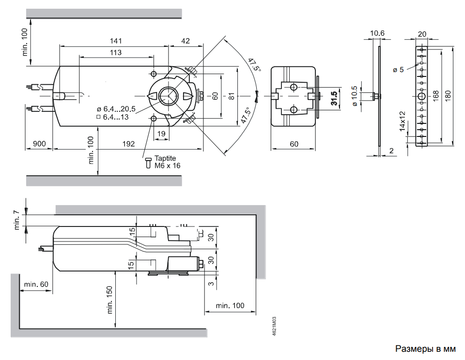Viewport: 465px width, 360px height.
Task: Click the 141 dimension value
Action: [115, 41]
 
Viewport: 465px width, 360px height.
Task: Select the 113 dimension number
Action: [115, 52]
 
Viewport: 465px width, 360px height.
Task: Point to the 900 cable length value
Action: [39, 144]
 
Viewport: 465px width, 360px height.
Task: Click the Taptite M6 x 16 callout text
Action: [167, 162]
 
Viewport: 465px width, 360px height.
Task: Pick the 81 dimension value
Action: [232, 96]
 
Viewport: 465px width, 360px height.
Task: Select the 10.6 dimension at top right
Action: [377, 33]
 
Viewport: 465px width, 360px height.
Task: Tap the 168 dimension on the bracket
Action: [435, 96]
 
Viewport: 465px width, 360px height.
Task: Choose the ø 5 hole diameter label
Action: [399, 70]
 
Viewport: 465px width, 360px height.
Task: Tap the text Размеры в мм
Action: [426, 348]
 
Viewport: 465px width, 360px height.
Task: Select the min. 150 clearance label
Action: [109, 300]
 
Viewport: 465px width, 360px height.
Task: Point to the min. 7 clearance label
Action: [17, 220]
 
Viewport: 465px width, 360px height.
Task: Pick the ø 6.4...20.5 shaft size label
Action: [116, 109]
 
